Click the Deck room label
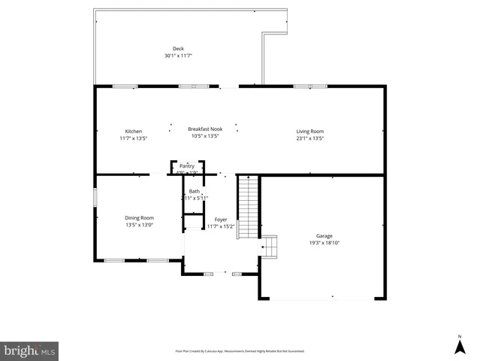tap(178, 49)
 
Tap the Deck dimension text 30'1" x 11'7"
tap(178, 56)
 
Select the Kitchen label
tap(133, 131)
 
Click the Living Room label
tap(309, 131)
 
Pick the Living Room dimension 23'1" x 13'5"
tap(309, 138)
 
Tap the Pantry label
tap(186, 165)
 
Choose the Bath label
tap(194, 191)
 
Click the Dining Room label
tap(139, 217)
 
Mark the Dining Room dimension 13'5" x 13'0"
tap(139, 225)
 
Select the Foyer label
tap(221, 219)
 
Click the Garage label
tap(324, 235)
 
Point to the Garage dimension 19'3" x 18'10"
tap(324, 243)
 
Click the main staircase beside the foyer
tap(247, 207)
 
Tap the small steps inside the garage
tap(269, 246)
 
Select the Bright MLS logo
tap(29, 350)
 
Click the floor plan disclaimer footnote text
tap(240, 351)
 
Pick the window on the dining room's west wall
tap(95, 197)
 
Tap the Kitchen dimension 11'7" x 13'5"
tap(133, 138)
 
